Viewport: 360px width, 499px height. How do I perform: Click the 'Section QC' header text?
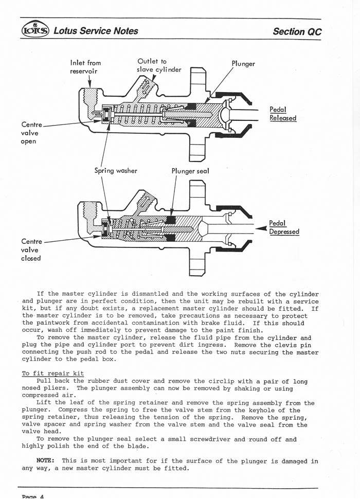[297, 31]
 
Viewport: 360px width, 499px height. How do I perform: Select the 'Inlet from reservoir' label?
[85, 67]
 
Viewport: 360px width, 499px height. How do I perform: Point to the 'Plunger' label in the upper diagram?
[243, 64]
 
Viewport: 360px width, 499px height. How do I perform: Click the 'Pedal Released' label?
[282, 114]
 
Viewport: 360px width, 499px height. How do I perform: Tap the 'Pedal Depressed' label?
[284, 227]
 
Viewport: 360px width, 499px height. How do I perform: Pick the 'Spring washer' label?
[116, 170]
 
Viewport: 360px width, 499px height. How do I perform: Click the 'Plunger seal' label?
[190, 170]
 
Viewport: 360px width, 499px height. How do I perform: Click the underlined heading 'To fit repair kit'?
[53, 373]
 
